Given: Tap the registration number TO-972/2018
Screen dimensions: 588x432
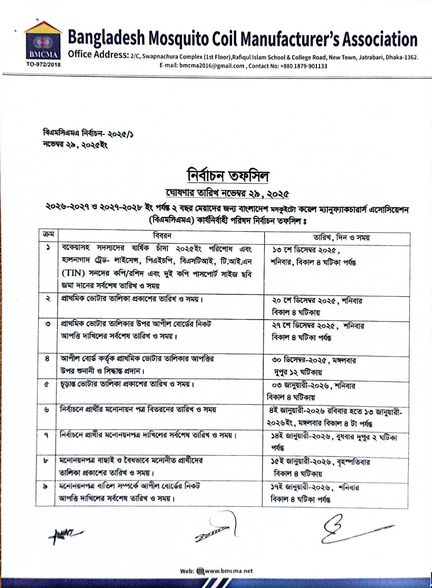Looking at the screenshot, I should [43, 64].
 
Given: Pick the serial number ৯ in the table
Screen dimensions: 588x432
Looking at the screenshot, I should [46, 486].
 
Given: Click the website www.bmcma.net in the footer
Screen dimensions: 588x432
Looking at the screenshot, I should [229, 570].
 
